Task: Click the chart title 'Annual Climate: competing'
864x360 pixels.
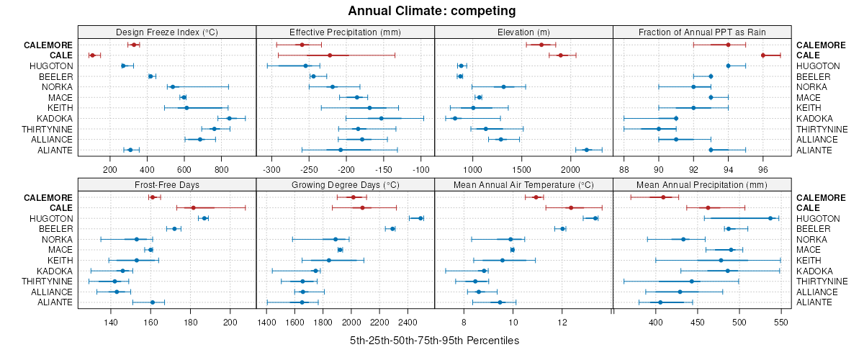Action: pyautogui.click(x=431, y=11)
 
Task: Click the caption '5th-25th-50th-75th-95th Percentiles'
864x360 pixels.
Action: pyautogui.click(x=431, y=340)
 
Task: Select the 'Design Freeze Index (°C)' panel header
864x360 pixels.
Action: pyautogui.click(x=166, y=32)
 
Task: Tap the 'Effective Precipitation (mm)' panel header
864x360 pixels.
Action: pyautogui.click(x=345, y=32)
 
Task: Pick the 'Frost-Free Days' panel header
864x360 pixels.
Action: pyautogui.click(x=166, y=184)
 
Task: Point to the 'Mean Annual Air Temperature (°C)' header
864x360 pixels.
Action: pyautogui.click(x=523, y=184)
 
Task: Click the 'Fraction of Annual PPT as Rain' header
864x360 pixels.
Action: pyautogui.click(x=702, y=32)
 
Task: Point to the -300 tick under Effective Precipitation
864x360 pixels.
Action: pyautogui.click(x=272, y=170)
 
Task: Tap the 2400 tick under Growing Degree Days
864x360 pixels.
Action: pyautogui.click(x=408, y=323)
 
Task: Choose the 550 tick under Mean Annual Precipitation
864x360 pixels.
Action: pyautogui.click(x=782, y=323)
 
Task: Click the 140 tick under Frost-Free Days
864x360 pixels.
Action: pyautogui.click(x=111, y=323)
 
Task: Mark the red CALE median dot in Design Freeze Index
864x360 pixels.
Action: pyautogui.click(x=92, y=55)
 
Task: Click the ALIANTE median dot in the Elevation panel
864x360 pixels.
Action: pyautogui.click(x=586, y=150)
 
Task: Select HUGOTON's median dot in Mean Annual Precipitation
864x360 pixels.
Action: pyautogui.click(x=770, y=218)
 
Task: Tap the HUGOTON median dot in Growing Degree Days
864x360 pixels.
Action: pyautogui.click(x=420, y=218)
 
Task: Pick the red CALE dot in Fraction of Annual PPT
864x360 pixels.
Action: pyautogui.click(x=763, y=55)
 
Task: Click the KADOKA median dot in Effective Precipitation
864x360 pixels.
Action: pyautogui.click(x=381, y=118)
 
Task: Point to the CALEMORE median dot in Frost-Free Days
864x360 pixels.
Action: pyautogui.click(x=153, y=197)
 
